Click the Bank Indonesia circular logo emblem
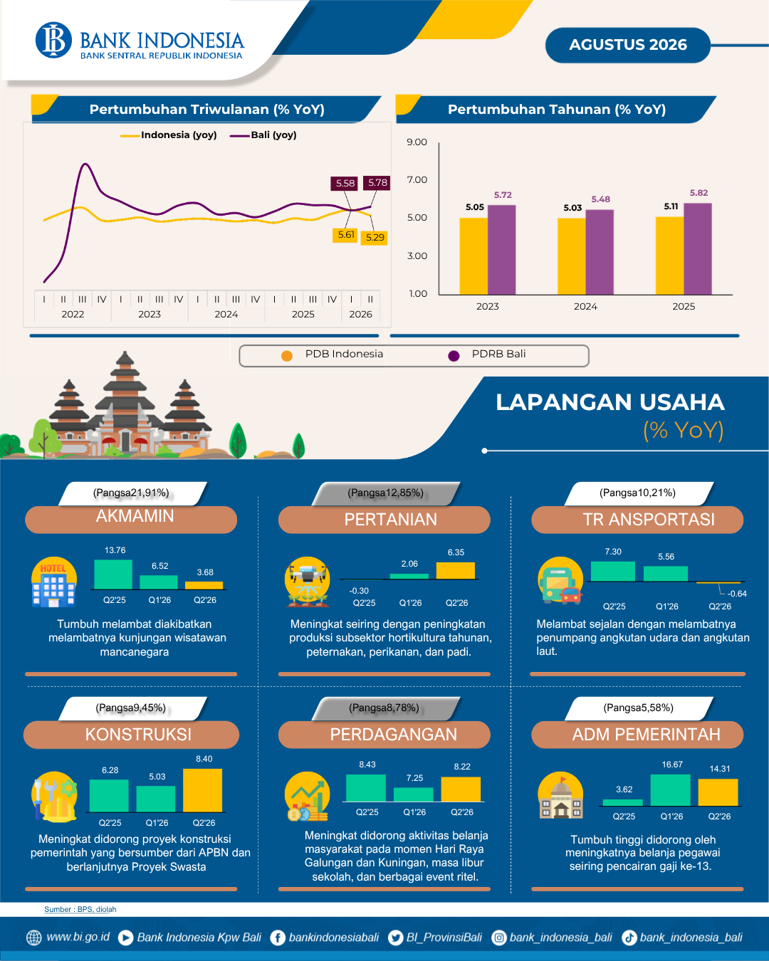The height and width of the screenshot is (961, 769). (x=53, y=40)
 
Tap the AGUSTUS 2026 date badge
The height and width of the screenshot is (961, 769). (x=627, y=45)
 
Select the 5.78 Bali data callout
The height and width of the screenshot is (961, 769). (x=377, y=183)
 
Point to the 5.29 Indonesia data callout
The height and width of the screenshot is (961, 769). (x=375, y=237)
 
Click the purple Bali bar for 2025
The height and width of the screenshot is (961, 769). (x=698, y=248)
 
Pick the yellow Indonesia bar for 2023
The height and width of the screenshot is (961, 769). (x=474, y=256)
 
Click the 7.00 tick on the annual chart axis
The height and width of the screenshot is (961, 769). (x=417, y=179)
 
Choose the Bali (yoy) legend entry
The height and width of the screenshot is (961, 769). (x=263, y=135)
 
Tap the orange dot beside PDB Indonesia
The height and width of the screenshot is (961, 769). (x=287, y=355)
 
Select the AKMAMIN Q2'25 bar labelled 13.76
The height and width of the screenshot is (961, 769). (x=113, y=574)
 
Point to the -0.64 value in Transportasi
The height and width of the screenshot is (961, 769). (x=737, y=594)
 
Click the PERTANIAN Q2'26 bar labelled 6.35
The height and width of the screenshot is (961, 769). (x=455, y=570)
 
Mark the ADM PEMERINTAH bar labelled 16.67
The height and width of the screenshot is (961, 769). (x=670, y=790)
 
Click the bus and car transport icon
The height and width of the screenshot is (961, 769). (x=560, y=581)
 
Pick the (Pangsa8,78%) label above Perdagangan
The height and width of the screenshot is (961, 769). (x=384, y=708)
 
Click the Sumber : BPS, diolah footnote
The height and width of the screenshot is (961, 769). (x=80, y=909)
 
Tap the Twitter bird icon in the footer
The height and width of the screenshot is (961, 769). (x=395, y=938)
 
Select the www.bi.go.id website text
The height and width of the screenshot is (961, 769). (x=78, y=936)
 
